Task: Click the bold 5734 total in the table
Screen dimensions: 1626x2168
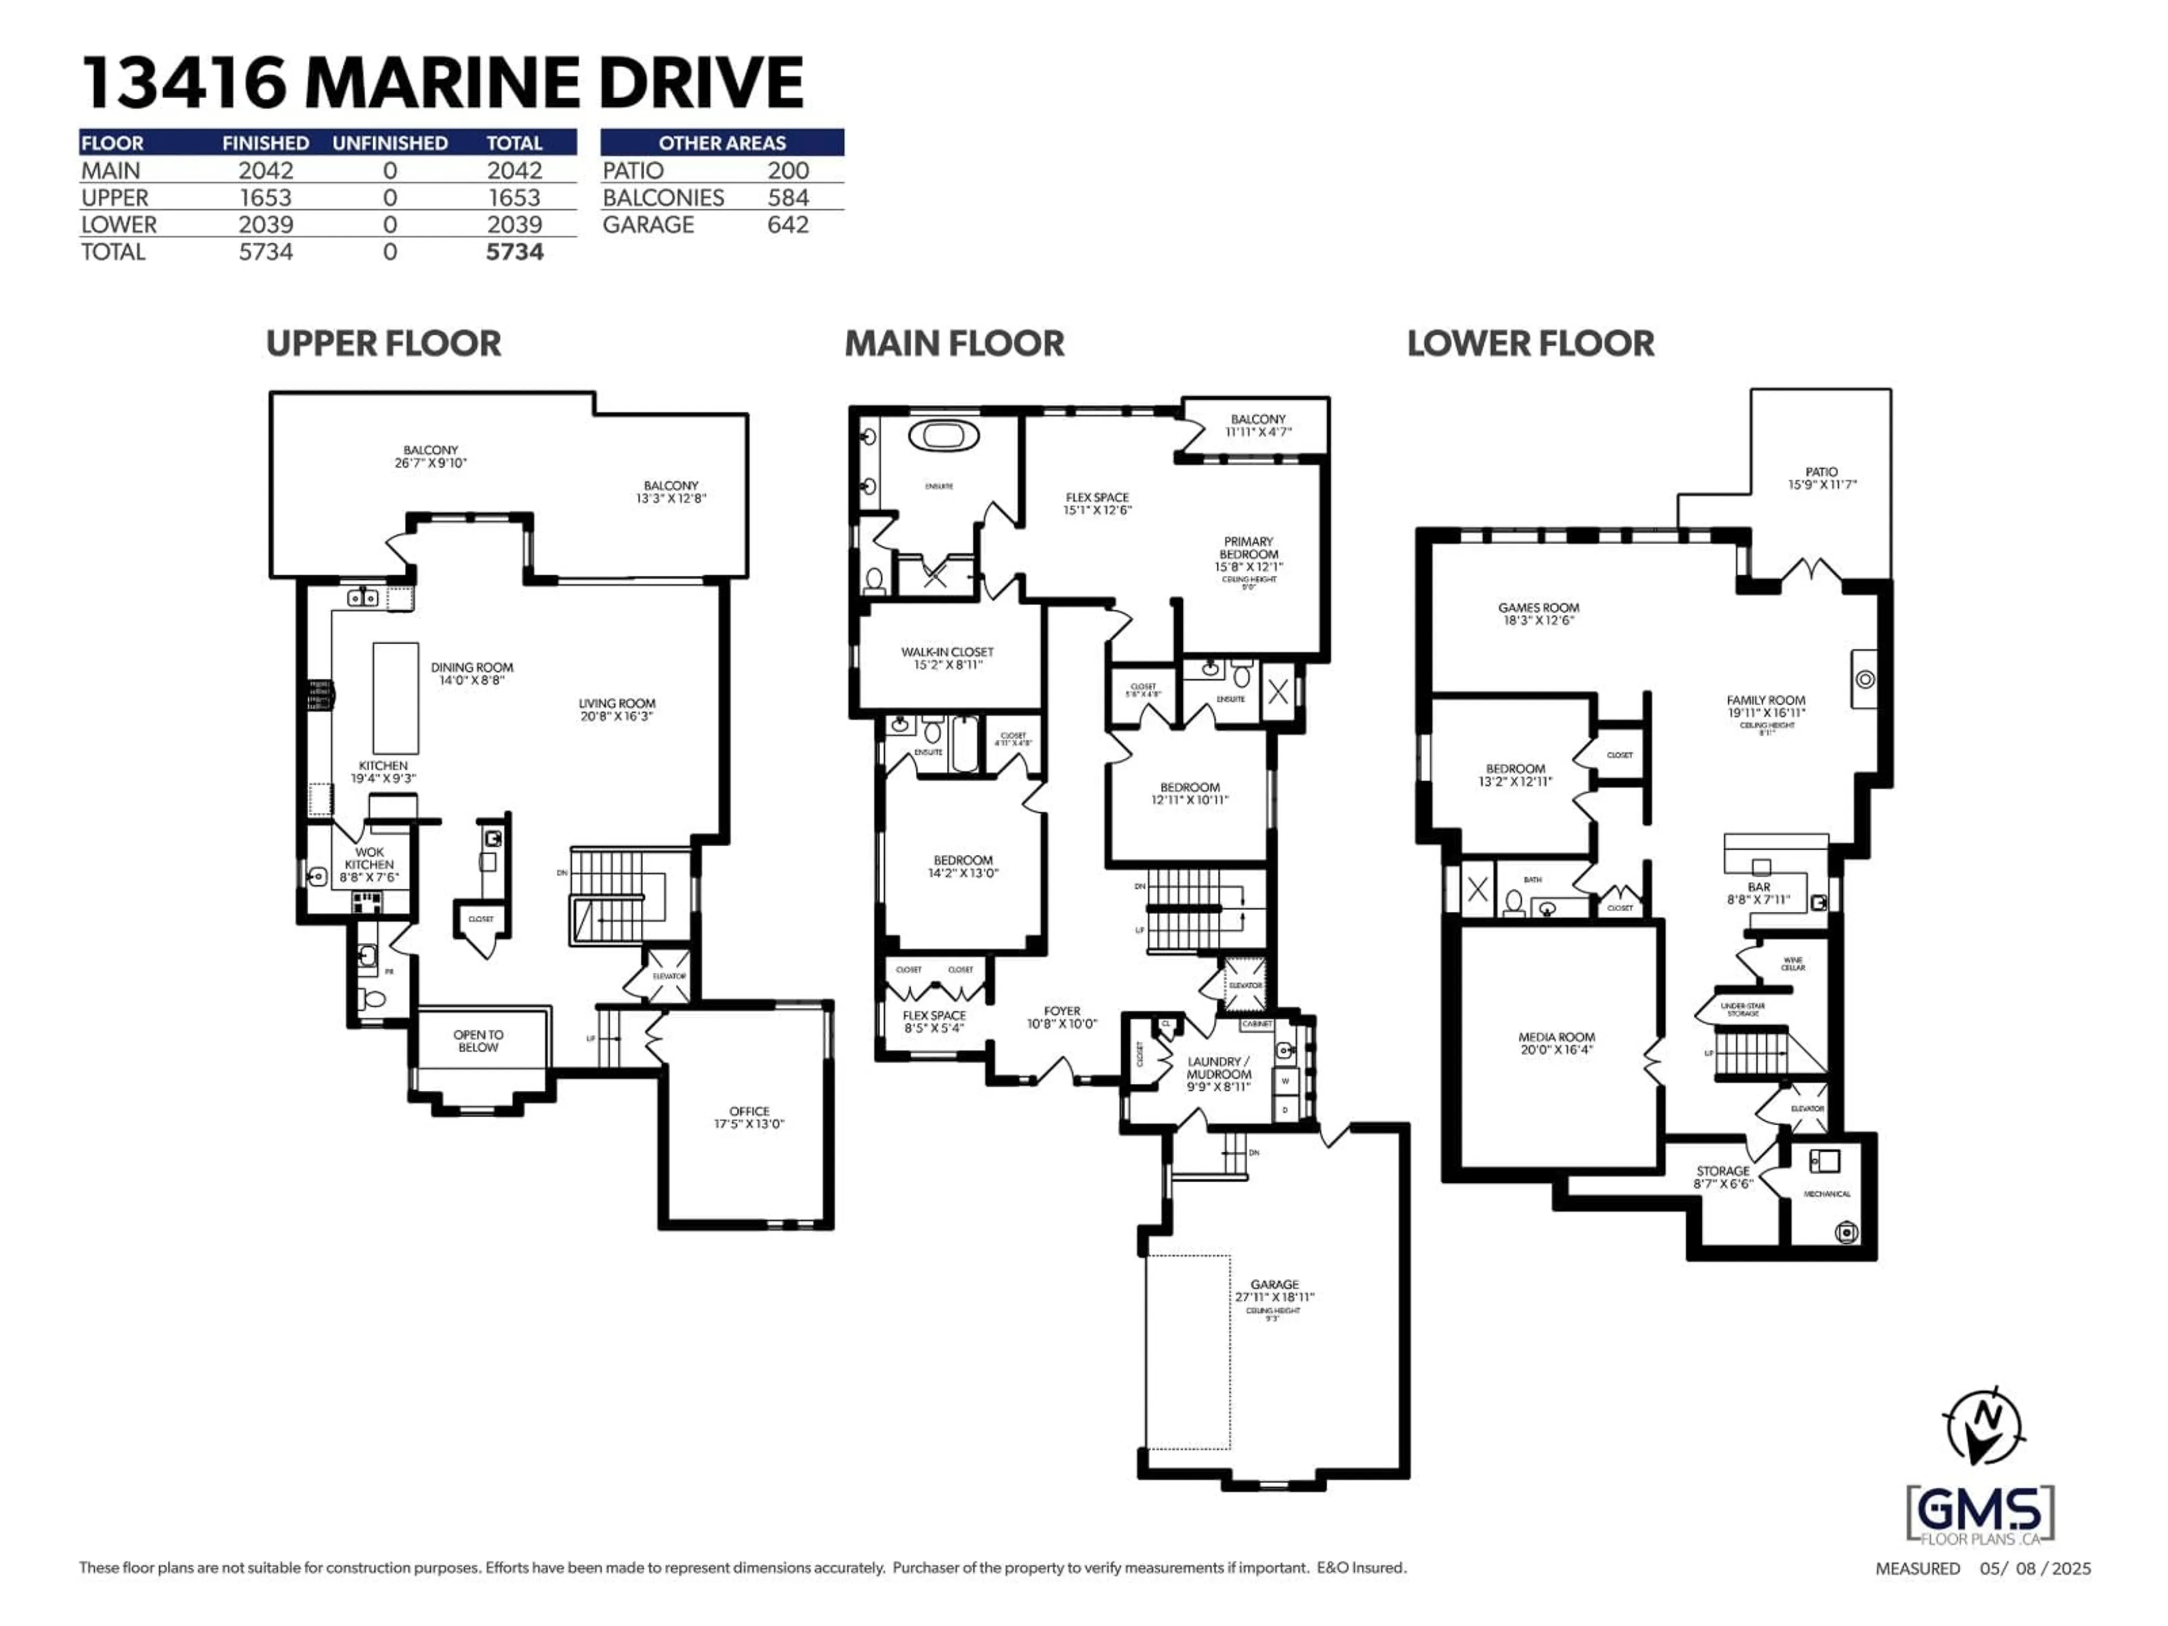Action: point(514,252)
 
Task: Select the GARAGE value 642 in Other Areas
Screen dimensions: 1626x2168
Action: point(788,225)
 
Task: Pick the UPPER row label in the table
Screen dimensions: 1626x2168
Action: point(115,197)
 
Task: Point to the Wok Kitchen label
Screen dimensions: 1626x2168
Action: point(369,859)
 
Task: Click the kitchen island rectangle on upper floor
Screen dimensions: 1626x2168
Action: point(395,698)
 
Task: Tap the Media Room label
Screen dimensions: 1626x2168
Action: point(1557,1037)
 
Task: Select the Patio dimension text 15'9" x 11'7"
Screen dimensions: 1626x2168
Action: point(1822,484)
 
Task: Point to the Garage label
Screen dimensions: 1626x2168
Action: point(1274,1284)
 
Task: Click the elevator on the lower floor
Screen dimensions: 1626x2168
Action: point(1806,1108)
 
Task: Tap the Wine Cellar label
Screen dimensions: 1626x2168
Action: point(1793,963)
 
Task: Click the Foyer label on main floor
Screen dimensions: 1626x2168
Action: point(1061,1011)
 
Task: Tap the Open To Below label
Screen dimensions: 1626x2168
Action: point(478,1041)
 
